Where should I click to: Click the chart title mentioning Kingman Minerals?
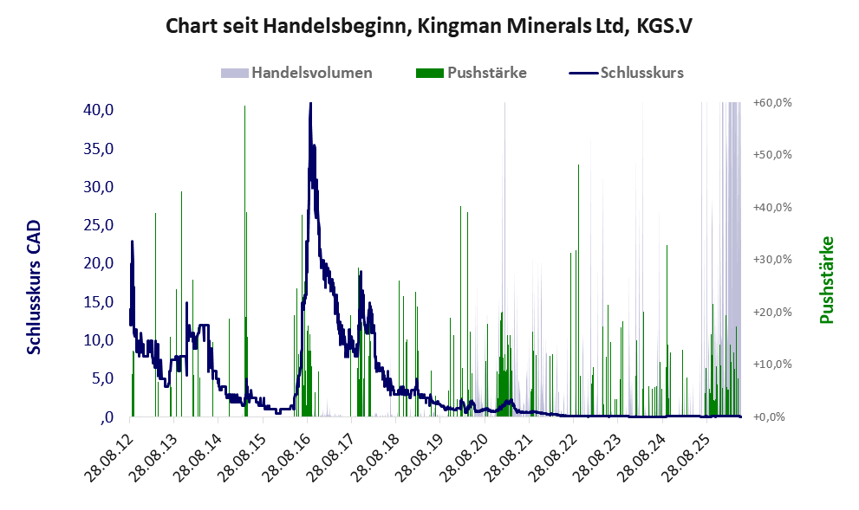click(429, 26)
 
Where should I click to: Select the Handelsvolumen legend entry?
click(296, 73)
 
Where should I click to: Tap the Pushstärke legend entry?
click(472, 73)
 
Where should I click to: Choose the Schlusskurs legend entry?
click(626, 73)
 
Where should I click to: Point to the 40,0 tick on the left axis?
click(98, 110)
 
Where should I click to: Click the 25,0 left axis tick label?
click(98, 225)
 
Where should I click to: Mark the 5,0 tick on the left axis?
click(102, 378)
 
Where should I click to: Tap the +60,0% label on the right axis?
click(772, 103)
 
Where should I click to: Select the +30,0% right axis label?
click(772, 260)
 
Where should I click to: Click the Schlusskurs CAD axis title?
click(34, 287)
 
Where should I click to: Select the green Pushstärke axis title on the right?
click(827, 280)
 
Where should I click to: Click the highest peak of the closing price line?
click(310, 103)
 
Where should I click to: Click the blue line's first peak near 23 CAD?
click(132, 242)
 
